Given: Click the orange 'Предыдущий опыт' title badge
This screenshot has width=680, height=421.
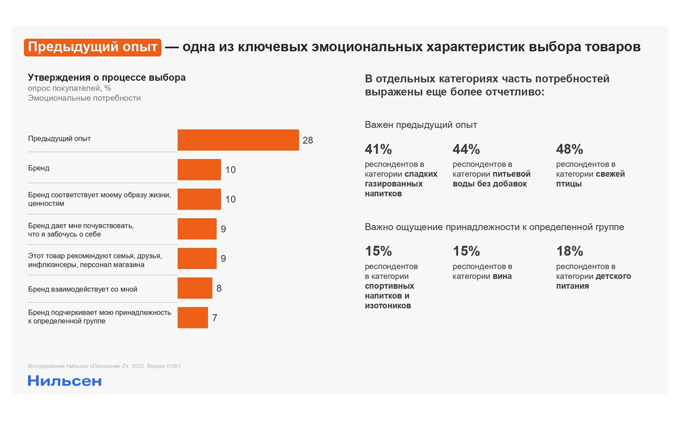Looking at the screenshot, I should point(92,47).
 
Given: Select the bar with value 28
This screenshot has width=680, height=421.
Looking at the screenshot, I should point(238,140).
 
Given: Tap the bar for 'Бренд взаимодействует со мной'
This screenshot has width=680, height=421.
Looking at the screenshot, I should point(195,288).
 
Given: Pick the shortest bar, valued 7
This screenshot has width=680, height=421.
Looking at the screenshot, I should point(192,317).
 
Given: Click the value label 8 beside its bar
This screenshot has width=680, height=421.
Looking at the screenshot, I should point(219,288).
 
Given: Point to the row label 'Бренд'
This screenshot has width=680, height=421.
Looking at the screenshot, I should point(39,168).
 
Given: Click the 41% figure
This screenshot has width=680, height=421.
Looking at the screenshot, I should point(378,149).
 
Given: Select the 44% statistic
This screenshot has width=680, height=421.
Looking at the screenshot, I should point(466,149).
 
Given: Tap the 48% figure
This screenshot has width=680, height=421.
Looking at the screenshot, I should point(569,149).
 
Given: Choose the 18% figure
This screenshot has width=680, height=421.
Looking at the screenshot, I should point(569,251).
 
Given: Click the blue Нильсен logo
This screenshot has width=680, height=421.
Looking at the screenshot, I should point(64,380).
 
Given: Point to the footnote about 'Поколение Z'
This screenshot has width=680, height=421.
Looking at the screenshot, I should point(105,366).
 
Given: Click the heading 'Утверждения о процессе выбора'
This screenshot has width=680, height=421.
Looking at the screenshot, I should point(106,77).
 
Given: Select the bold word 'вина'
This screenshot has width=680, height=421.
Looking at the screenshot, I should point(501,276).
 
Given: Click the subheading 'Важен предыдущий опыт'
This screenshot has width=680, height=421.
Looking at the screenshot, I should point(421,125).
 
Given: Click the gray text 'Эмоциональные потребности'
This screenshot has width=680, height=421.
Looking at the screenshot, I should point(84,98).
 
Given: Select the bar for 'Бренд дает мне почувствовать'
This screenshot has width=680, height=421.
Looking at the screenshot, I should point(197,229).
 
